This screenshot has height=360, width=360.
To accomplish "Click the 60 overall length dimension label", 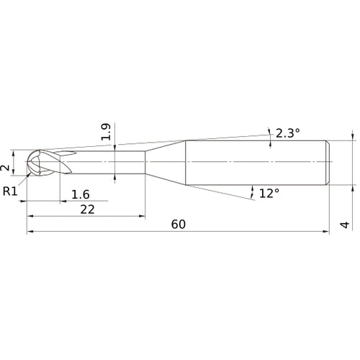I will point(179,224).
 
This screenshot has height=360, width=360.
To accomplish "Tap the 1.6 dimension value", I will point(81,194).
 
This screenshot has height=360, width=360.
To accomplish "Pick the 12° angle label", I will point(269,193).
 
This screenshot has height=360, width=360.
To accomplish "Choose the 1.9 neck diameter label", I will point(106,131).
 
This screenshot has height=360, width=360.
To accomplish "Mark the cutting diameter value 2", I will point(6,168).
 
